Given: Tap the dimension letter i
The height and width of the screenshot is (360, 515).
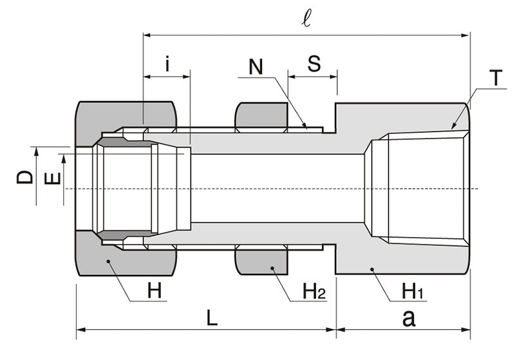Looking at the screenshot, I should click(x=167, y=64).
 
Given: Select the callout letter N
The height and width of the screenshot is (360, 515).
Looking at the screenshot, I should click(x=256, y=67).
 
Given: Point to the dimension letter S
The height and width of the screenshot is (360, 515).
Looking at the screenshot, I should click(x=314, y=64).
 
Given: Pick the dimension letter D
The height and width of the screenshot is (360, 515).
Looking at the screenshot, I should click(x=24, y=175).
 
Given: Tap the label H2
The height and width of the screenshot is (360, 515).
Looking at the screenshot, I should click(x=314, y=292).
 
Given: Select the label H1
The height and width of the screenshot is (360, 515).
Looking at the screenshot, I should click(x=412, y=292).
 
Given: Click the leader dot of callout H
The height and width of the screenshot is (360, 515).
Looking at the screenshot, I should click(x=108, y=261).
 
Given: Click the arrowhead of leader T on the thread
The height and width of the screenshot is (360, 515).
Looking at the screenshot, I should click(x=453, y=128).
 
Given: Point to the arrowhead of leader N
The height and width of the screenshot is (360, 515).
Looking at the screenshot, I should click(x=306, y=126).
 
